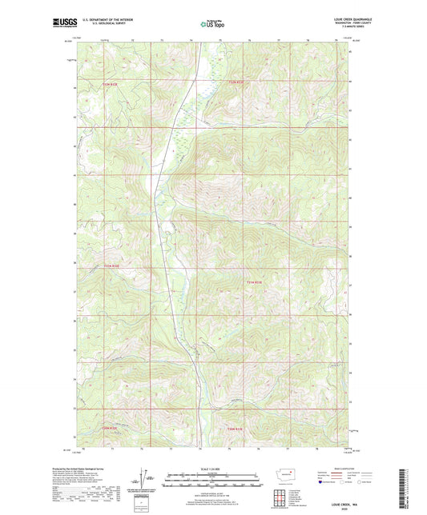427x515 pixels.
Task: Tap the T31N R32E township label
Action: click(111, 265)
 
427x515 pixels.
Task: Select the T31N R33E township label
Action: click(253, 281)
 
